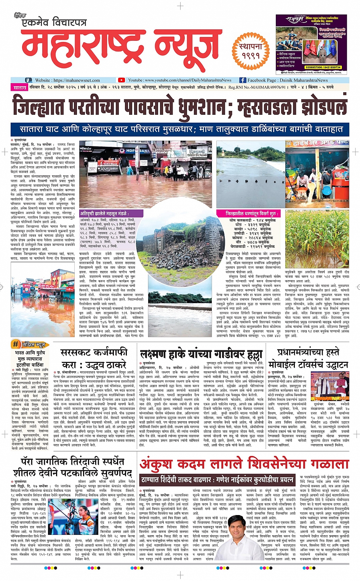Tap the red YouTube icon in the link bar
coord(121,80)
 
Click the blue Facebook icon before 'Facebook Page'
coord(243,80)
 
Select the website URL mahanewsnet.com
coord(77,80)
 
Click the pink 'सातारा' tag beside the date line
coord(20,87)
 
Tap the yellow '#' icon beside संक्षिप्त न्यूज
coord(16,344)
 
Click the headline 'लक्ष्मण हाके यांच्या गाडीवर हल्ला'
coord(201,354)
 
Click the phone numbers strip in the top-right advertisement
coord(323,67)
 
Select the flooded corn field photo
coord(317,239)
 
